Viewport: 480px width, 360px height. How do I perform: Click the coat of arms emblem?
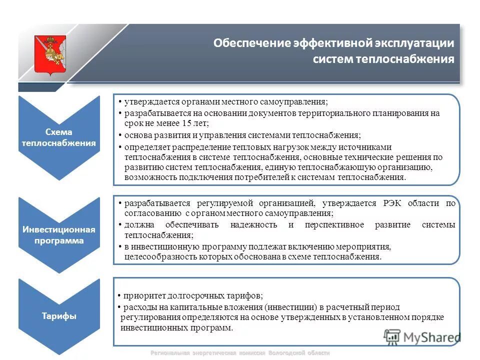click(49, 55)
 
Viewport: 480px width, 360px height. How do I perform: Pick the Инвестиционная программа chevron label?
click(58, 235)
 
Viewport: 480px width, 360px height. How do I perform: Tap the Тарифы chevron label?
click(58, 316)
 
